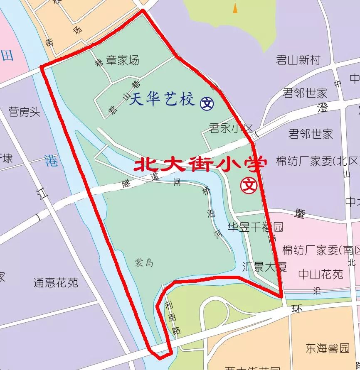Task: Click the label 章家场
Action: (123, 61)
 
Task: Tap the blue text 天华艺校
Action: (162, 100)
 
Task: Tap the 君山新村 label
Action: (298, 60)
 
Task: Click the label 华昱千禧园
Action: (255, 227)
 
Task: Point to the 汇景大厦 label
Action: (264, 266)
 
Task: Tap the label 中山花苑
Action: (321, 274)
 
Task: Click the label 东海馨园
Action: (328, 348)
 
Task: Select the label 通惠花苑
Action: (56, 283)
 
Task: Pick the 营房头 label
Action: (24, 111)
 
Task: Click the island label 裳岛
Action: (144, 263)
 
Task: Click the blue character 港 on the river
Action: (52, 161)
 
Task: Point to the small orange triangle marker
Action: (235, 8)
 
